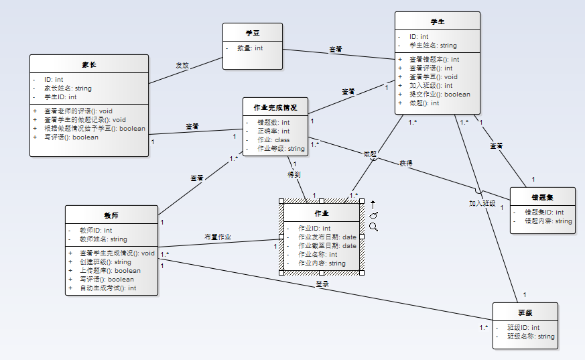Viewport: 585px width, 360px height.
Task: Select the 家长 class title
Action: (x=88, y=64)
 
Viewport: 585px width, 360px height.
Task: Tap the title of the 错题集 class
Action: (x=542, y=197)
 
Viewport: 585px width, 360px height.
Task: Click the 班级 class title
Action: (x=525, y=312)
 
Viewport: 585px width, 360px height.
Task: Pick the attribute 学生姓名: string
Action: (x=433, y=46)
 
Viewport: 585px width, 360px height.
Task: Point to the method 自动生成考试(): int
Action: (x=107, y=288)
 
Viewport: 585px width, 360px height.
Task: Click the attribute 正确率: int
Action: (x=273, y=131)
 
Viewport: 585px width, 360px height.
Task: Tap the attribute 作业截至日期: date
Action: (x=327, y=246)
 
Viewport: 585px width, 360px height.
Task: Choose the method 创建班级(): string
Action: (x=105, y=262)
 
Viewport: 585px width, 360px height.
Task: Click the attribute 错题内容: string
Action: (x=548, y=221)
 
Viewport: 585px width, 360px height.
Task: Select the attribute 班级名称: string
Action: (x=531, y=337)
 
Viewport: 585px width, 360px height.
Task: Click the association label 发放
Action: (x=182, y=66)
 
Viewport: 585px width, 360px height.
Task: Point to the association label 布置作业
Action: (x=218, y=237)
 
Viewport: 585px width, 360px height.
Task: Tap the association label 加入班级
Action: (x=482, y=203)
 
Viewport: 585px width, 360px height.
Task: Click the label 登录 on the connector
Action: (x=322, y=284)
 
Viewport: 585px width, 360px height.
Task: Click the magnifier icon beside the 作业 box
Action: (x=373, y=227)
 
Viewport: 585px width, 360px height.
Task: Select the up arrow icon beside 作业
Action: (x=373, y=204)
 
